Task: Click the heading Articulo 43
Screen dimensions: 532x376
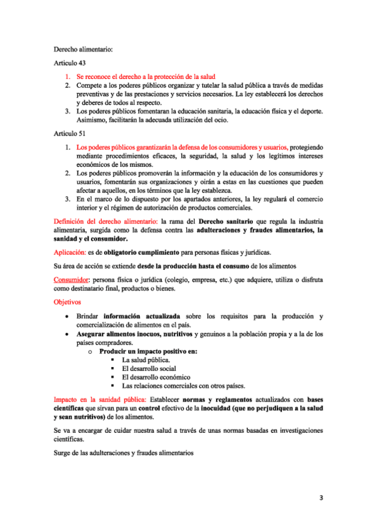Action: pyautogui.click(x=69, y=63)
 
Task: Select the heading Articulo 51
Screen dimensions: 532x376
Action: pyautogui.click(x=69, y=134)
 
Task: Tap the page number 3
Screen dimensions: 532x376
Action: pyautogui.click(x=320, y=499)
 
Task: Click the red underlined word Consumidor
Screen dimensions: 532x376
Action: pyautogui.click(x=70, y=279)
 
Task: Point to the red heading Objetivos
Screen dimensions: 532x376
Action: pyautogui.click(x=67, y=302)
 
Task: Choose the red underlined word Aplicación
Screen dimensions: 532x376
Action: pyautogui.click(x=70, y=252)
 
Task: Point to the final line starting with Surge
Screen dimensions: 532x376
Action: pyautogui.click(x=124, y=452)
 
